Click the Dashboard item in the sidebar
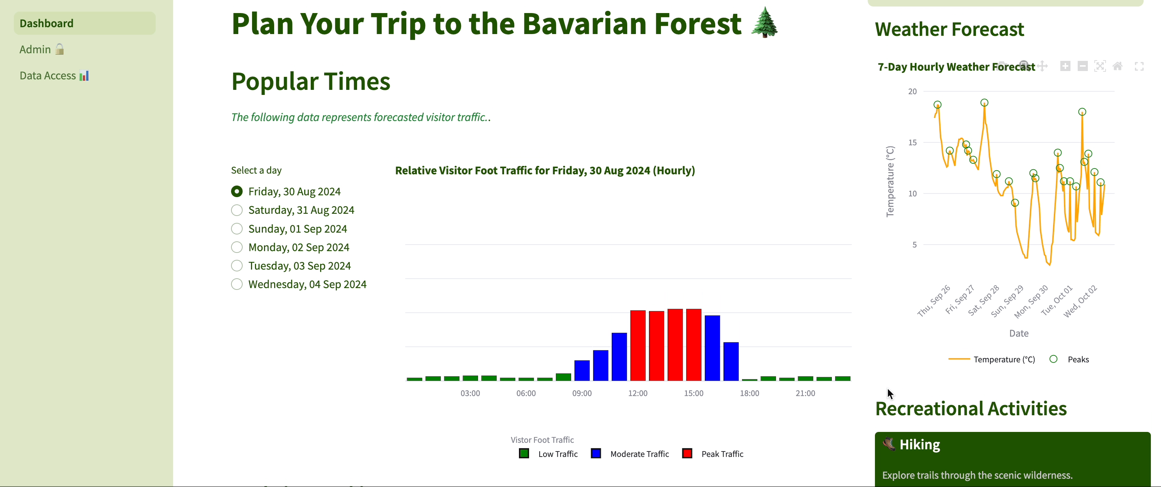[46, 24]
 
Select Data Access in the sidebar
[54, 75]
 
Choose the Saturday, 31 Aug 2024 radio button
[236, 210]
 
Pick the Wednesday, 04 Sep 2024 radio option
[236, 284]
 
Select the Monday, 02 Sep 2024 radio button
[236, 247]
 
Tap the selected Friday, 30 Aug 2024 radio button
[236, 192]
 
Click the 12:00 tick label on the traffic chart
[638, 393]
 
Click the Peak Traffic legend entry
[722, 454]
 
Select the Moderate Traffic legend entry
[639, 454]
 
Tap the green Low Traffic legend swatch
[524, 454]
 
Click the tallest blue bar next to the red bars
[712, 347]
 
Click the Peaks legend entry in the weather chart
[1078, 359]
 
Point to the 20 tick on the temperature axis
[912, 92]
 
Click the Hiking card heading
[919, 445]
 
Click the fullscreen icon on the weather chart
[1139, 67]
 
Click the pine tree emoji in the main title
[764, 22]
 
